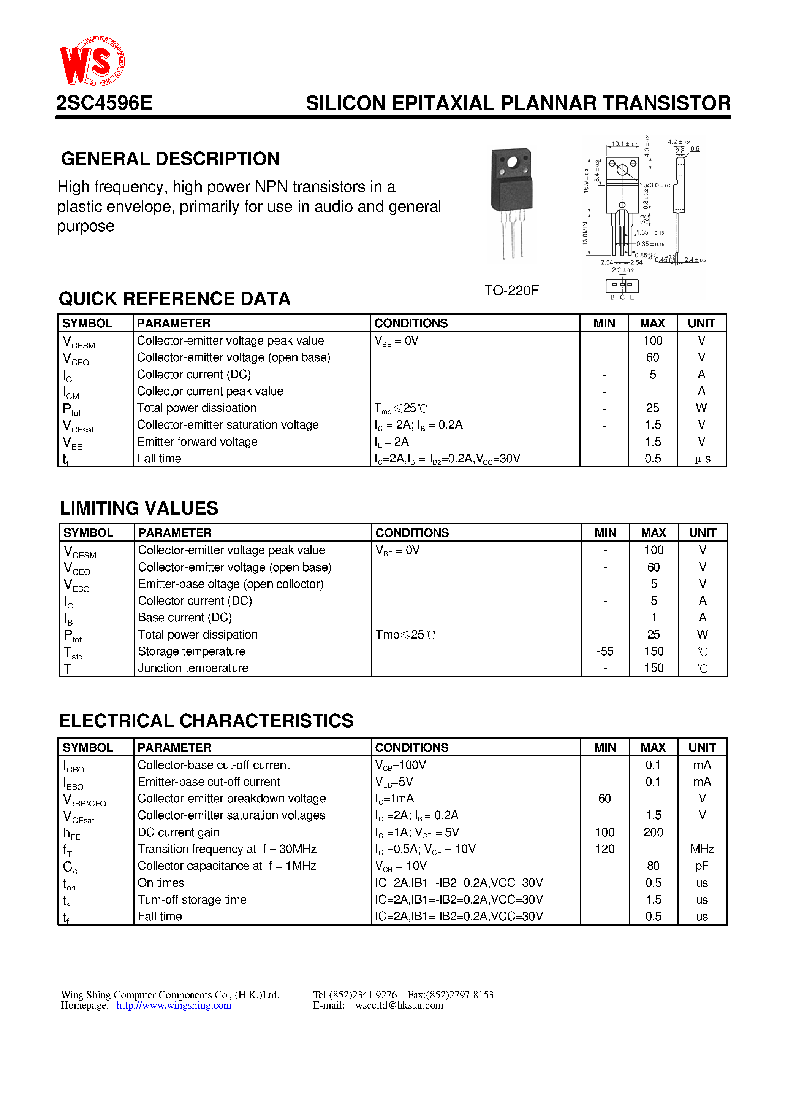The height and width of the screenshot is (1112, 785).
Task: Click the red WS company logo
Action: tap(92, 62)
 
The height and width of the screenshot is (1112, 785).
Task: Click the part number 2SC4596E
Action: tap(104, 103)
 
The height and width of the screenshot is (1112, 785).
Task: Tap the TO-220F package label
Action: tap(511, 290)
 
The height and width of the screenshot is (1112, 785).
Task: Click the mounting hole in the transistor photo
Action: tap(513, 162)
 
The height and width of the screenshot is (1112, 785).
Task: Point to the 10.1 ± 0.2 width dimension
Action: tap(624, 144)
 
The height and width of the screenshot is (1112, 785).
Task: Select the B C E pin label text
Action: tap(622, 297)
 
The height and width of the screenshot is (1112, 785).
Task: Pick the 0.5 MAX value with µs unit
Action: tap(652, 458)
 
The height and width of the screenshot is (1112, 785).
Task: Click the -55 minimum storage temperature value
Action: tap(605, 651)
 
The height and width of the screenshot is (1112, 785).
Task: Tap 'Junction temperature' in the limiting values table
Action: tap(193, 668)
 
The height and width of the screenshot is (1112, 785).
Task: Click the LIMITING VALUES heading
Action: tap(139, 508)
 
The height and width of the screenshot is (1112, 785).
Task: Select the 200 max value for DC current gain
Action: tap(653, 832)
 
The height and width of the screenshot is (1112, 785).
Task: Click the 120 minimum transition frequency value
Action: tap(605, 848)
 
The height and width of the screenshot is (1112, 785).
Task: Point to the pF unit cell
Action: tap(702, 866)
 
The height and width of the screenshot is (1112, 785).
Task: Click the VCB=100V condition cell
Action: tap(401, 765)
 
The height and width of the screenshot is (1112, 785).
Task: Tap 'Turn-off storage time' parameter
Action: tap(192, 899)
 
